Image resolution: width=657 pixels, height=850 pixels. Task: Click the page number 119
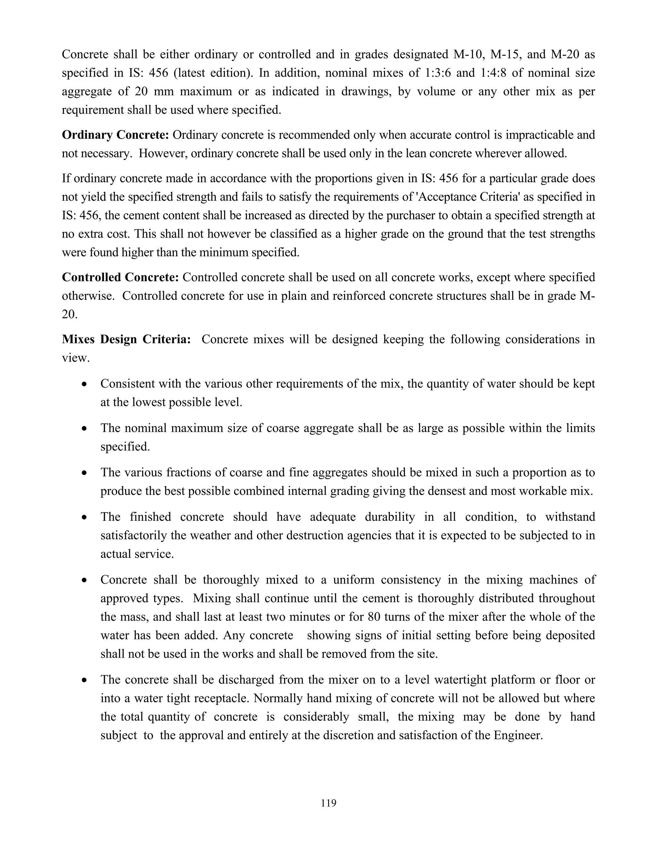coord(328,803)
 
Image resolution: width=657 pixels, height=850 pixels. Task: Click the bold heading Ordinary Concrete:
coord(115,135)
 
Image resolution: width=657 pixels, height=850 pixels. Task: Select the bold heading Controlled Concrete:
coord(120,277)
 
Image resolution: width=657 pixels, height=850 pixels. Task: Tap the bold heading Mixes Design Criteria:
coord(126,339)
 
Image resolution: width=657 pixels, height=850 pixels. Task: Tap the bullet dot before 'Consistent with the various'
coord(84,385)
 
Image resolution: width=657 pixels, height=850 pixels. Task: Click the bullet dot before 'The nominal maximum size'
coord(84,429)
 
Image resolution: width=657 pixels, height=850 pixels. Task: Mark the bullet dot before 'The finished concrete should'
coord(84,518)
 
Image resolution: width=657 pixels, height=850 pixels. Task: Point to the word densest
coord(447,491)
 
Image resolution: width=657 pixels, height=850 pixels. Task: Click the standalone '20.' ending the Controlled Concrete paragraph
coord(70,314)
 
